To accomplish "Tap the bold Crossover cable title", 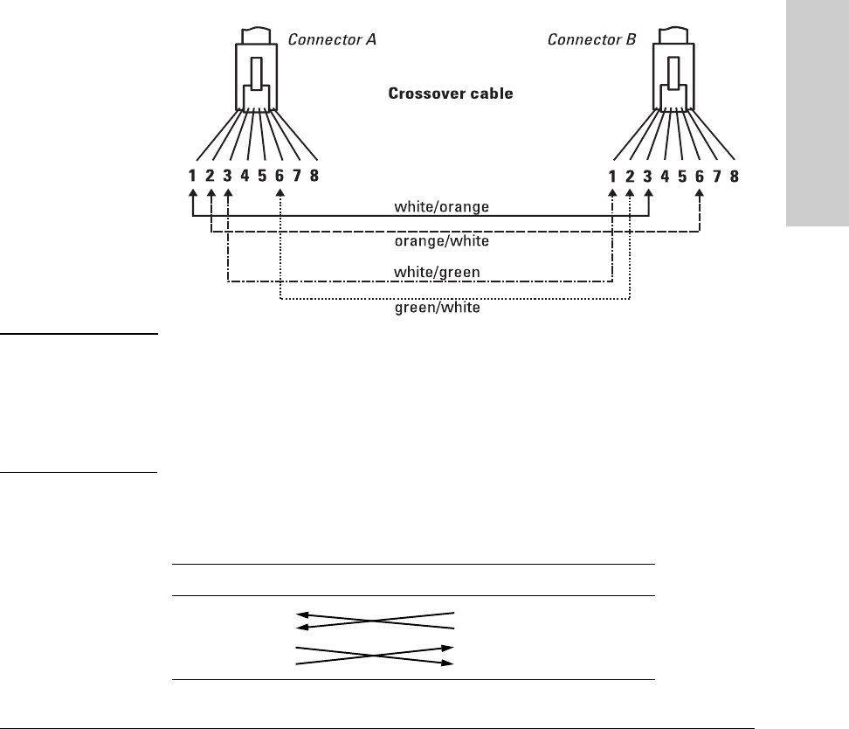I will pos(451,93).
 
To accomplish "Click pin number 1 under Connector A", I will pos(193,176).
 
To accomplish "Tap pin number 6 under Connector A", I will pos(280,176).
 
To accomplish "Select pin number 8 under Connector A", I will pos(314,176).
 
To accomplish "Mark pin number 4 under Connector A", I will pos(245,176).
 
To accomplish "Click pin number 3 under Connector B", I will pos(647,176).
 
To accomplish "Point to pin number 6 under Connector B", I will pos(700,176).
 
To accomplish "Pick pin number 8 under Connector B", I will pos(735,176).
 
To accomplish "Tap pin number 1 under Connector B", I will pos(612,176).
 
